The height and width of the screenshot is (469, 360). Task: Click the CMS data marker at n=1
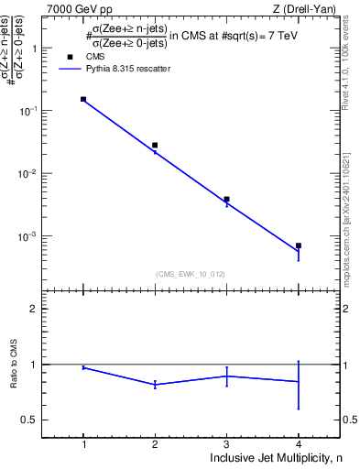83,99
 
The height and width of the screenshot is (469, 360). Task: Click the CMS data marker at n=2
155,145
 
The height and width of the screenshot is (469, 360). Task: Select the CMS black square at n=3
226,199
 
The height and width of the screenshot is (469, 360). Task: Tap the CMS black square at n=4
299,245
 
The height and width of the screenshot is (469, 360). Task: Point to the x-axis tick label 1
83,444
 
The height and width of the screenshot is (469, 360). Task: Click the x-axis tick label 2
155,444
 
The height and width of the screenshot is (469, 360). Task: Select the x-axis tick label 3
226,444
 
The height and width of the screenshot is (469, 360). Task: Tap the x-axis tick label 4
299,444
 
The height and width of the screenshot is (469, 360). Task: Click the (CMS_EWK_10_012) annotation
189,274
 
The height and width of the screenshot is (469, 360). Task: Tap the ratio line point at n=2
155,385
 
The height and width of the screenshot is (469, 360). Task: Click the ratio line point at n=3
226,376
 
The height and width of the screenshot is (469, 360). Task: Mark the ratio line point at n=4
299,381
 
